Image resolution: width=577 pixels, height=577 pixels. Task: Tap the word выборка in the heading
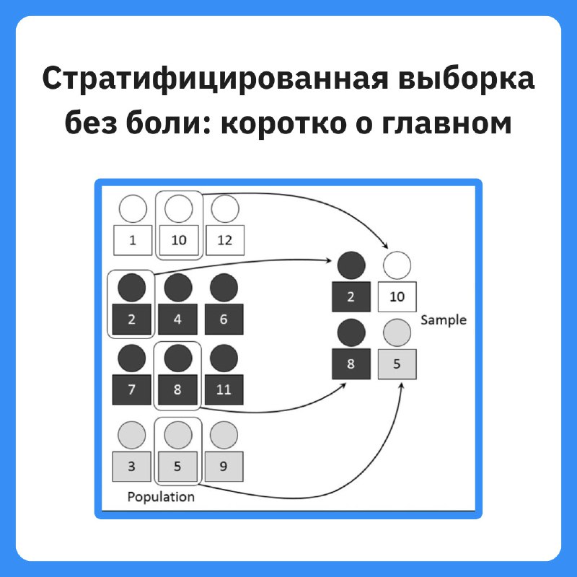point(466,78)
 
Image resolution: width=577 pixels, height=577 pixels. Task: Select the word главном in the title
point(446,123)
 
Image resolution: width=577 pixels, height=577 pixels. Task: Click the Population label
point(161,497)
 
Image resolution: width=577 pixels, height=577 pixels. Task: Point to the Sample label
point(444,320)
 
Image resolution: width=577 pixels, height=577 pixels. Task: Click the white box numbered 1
point(133,240)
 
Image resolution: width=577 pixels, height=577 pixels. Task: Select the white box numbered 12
point(225,240)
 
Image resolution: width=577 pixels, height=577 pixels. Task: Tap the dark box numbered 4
point(177,320)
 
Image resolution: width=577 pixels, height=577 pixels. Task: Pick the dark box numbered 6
point(224,320)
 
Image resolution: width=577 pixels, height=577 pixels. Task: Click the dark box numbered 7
point(132,389)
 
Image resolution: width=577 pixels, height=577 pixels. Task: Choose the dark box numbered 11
point(224,389)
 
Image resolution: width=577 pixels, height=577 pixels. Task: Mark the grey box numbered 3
point(132,467)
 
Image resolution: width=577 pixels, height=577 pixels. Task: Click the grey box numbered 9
point(224,467)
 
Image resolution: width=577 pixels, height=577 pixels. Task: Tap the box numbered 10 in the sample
point(397,297)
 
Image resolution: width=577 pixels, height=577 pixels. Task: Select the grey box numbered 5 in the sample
point(397,364)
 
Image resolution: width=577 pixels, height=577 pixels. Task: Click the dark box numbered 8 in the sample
point(351,364)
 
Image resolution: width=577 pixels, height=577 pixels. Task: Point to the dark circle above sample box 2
point(351,265)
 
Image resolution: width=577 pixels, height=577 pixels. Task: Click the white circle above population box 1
point(133,208)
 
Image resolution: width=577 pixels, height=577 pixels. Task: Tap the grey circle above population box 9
point(224,435)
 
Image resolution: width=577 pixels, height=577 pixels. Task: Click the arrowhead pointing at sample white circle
point(385,246)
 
